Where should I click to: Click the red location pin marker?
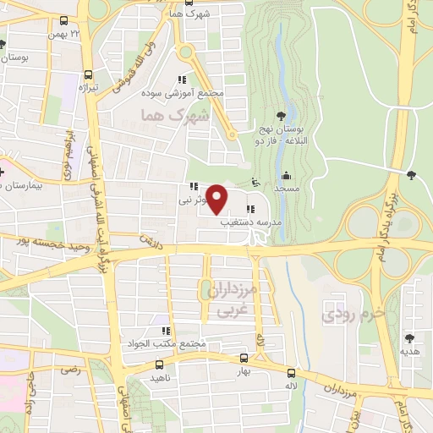pyautogui.click(x=217, y=199)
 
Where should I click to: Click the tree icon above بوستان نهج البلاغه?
pyautogui.click(x=281, y=117)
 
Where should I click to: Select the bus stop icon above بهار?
pyautogui.click(x=244, y=358)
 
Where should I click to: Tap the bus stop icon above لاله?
pyautogui.click(x=291, y=372)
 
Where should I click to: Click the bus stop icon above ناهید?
pyautogui.click(x=160, y=365)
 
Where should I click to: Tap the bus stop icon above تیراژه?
pyautogui.click(x=88, y=74)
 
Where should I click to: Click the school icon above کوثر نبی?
pyautogui.click(x=194, y=187)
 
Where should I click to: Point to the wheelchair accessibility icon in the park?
pyautogui.click(x=255, y=181)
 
